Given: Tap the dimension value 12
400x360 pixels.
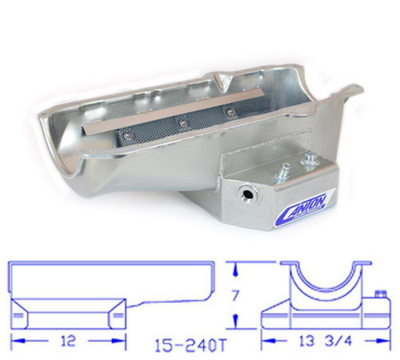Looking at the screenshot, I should [70, 339].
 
